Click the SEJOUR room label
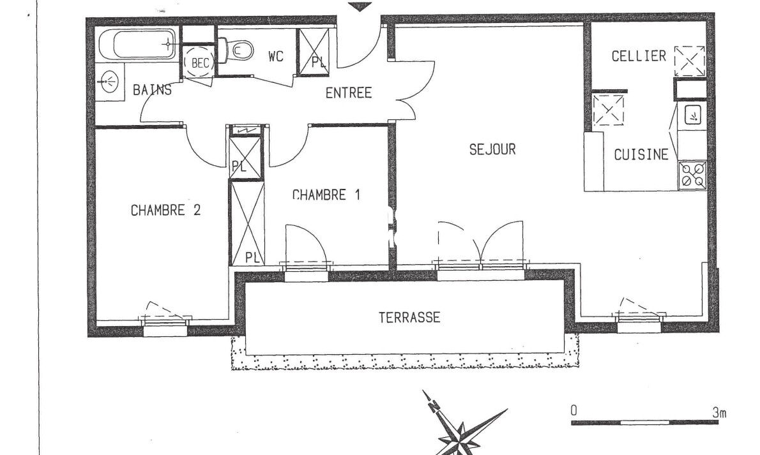(x=492, y=149)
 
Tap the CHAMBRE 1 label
(x=326, y=195)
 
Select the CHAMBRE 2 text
(x=166, y=210)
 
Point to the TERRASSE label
(x=409, y=317)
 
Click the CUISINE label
(x=641, y=154)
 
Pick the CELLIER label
(x=639, y=56)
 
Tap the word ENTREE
(x=349, y=93)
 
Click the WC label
(x=275, y=57)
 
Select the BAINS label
(x=152, y=89)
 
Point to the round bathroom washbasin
(x=110, y=82)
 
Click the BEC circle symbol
(x=200, y=62)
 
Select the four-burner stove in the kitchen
(x=692, y=175)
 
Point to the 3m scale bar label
(x=719, y=413)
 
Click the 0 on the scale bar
(x=574, y=411)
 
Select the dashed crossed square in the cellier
(x=690, y=61)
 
